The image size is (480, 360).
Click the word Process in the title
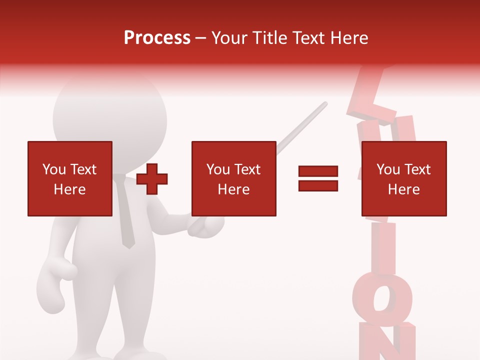pos(157,38)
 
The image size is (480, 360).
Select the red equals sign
pos(318,178)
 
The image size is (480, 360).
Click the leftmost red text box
pos(70,178)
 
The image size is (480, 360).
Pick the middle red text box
pos(233,178)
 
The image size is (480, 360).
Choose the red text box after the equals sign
pos(403,178)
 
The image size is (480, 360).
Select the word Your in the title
pos(229,38)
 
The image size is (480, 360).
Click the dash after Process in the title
pos(200,38)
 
